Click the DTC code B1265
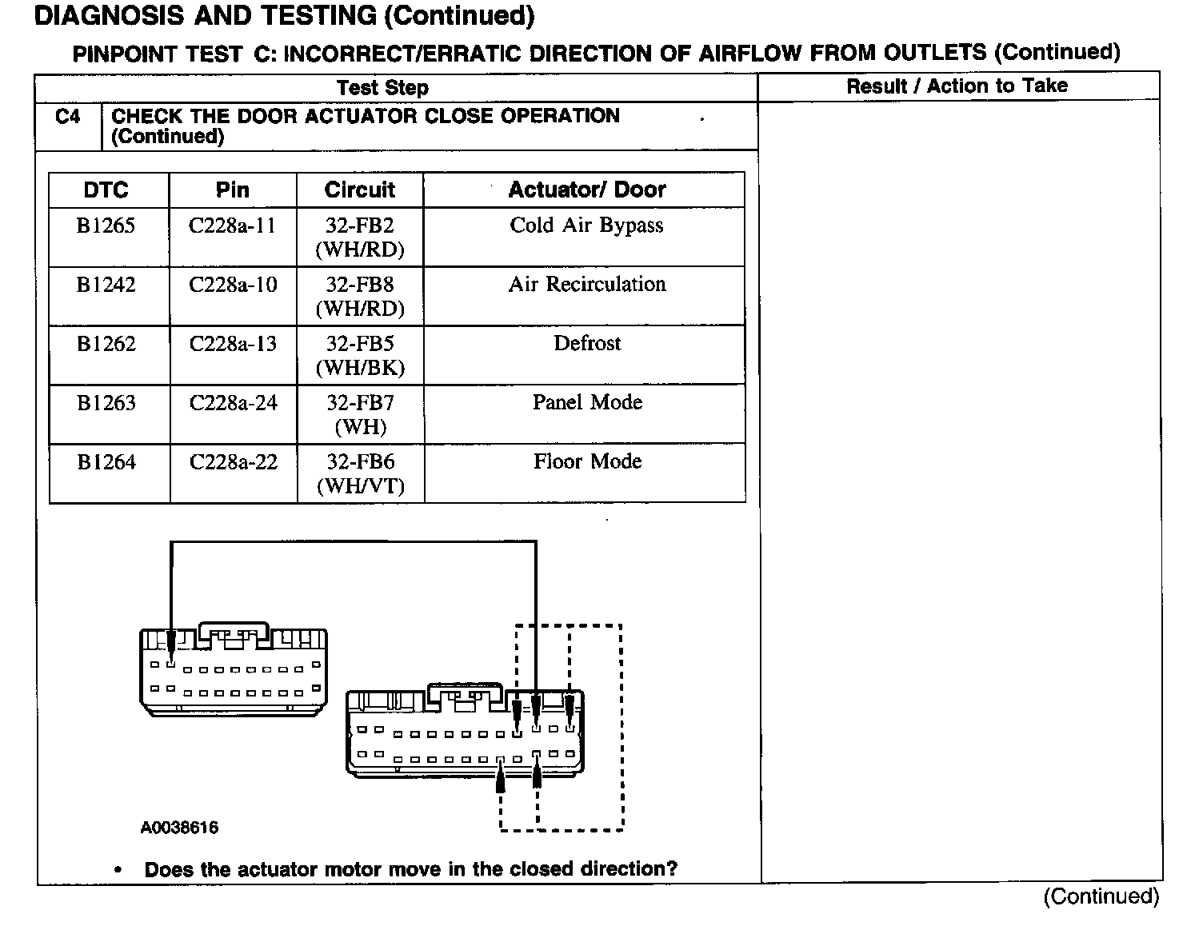pyautogui.click(x=106, y=226)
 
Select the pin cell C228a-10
pyautogui.click(x=233, y=285)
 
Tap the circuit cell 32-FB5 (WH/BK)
pyautogui.click(x=360, y=355)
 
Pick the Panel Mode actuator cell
pyautogui.click(x=587, y=402)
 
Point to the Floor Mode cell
pyautogui.click(x=587, y=461)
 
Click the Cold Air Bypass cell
pyautogui.click(x=586, y=226)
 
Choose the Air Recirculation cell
pyautogui.click(x=586, y=285)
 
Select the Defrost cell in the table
pyautogui.click(x=587, y=344)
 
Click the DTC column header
pyautogui.click(x=106, y=190)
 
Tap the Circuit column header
pyautogui.click(x=360, y=190)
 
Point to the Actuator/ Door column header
pyautogui.click(x=586, y=190)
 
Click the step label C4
pyautogui.click(x=68, y=117)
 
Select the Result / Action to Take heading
pyautogui.click(x=957, y=86)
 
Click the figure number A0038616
pyautogui.click(x=179, y=828)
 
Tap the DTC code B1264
pyautogui.click(x=106, y=462)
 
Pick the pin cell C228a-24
pyautogui.click(x=233, y=403)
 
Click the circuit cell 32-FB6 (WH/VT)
pyautogui.click(x=361, y=473)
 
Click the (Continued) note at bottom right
pyautogui.click(x=1101, y=897)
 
